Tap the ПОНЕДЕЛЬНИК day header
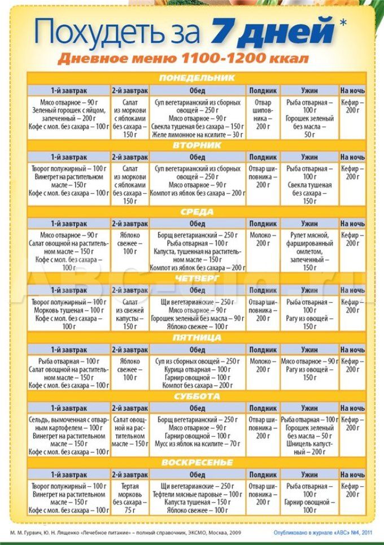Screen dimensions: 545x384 click(197, 78)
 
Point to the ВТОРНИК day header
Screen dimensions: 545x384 click(197, 145)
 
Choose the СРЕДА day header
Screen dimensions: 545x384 click(197, 212)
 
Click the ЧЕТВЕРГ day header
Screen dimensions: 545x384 click(197, 278)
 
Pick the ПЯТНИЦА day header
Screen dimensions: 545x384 click(197, 337)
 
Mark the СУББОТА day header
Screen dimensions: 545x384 click(197, 396)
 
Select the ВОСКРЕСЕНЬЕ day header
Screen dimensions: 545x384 click(197, 463)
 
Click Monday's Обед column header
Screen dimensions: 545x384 click(197, 90)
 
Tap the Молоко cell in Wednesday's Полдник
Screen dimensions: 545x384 click(263, 239)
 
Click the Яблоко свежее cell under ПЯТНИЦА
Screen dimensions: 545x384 click(130, 369)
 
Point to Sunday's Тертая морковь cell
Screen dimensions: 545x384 click(130, 498)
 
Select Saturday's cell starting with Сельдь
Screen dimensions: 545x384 click(69, 436)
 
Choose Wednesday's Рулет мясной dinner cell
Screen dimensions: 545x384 click(309, 251)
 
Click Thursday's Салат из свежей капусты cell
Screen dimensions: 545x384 click(130, 314)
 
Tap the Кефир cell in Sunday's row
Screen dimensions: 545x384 click(352, 490)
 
